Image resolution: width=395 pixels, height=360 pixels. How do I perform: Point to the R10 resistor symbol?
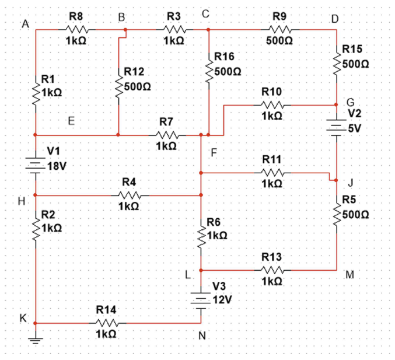(x=272, y=105)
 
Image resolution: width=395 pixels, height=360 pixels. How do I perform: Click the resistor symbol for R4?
(x=128, y=195)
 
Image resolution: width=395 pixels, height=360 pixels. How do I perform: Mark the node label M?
(x=349, y=276)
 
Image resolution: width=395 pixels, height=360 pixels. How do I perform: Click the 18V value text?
(x=57, y=166)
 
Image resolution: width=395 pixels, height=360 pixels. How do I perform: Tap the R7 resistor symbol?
(x=166, y=135)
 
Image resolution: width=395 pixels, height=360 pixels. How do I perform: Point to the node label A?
(x=25, y=24)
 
